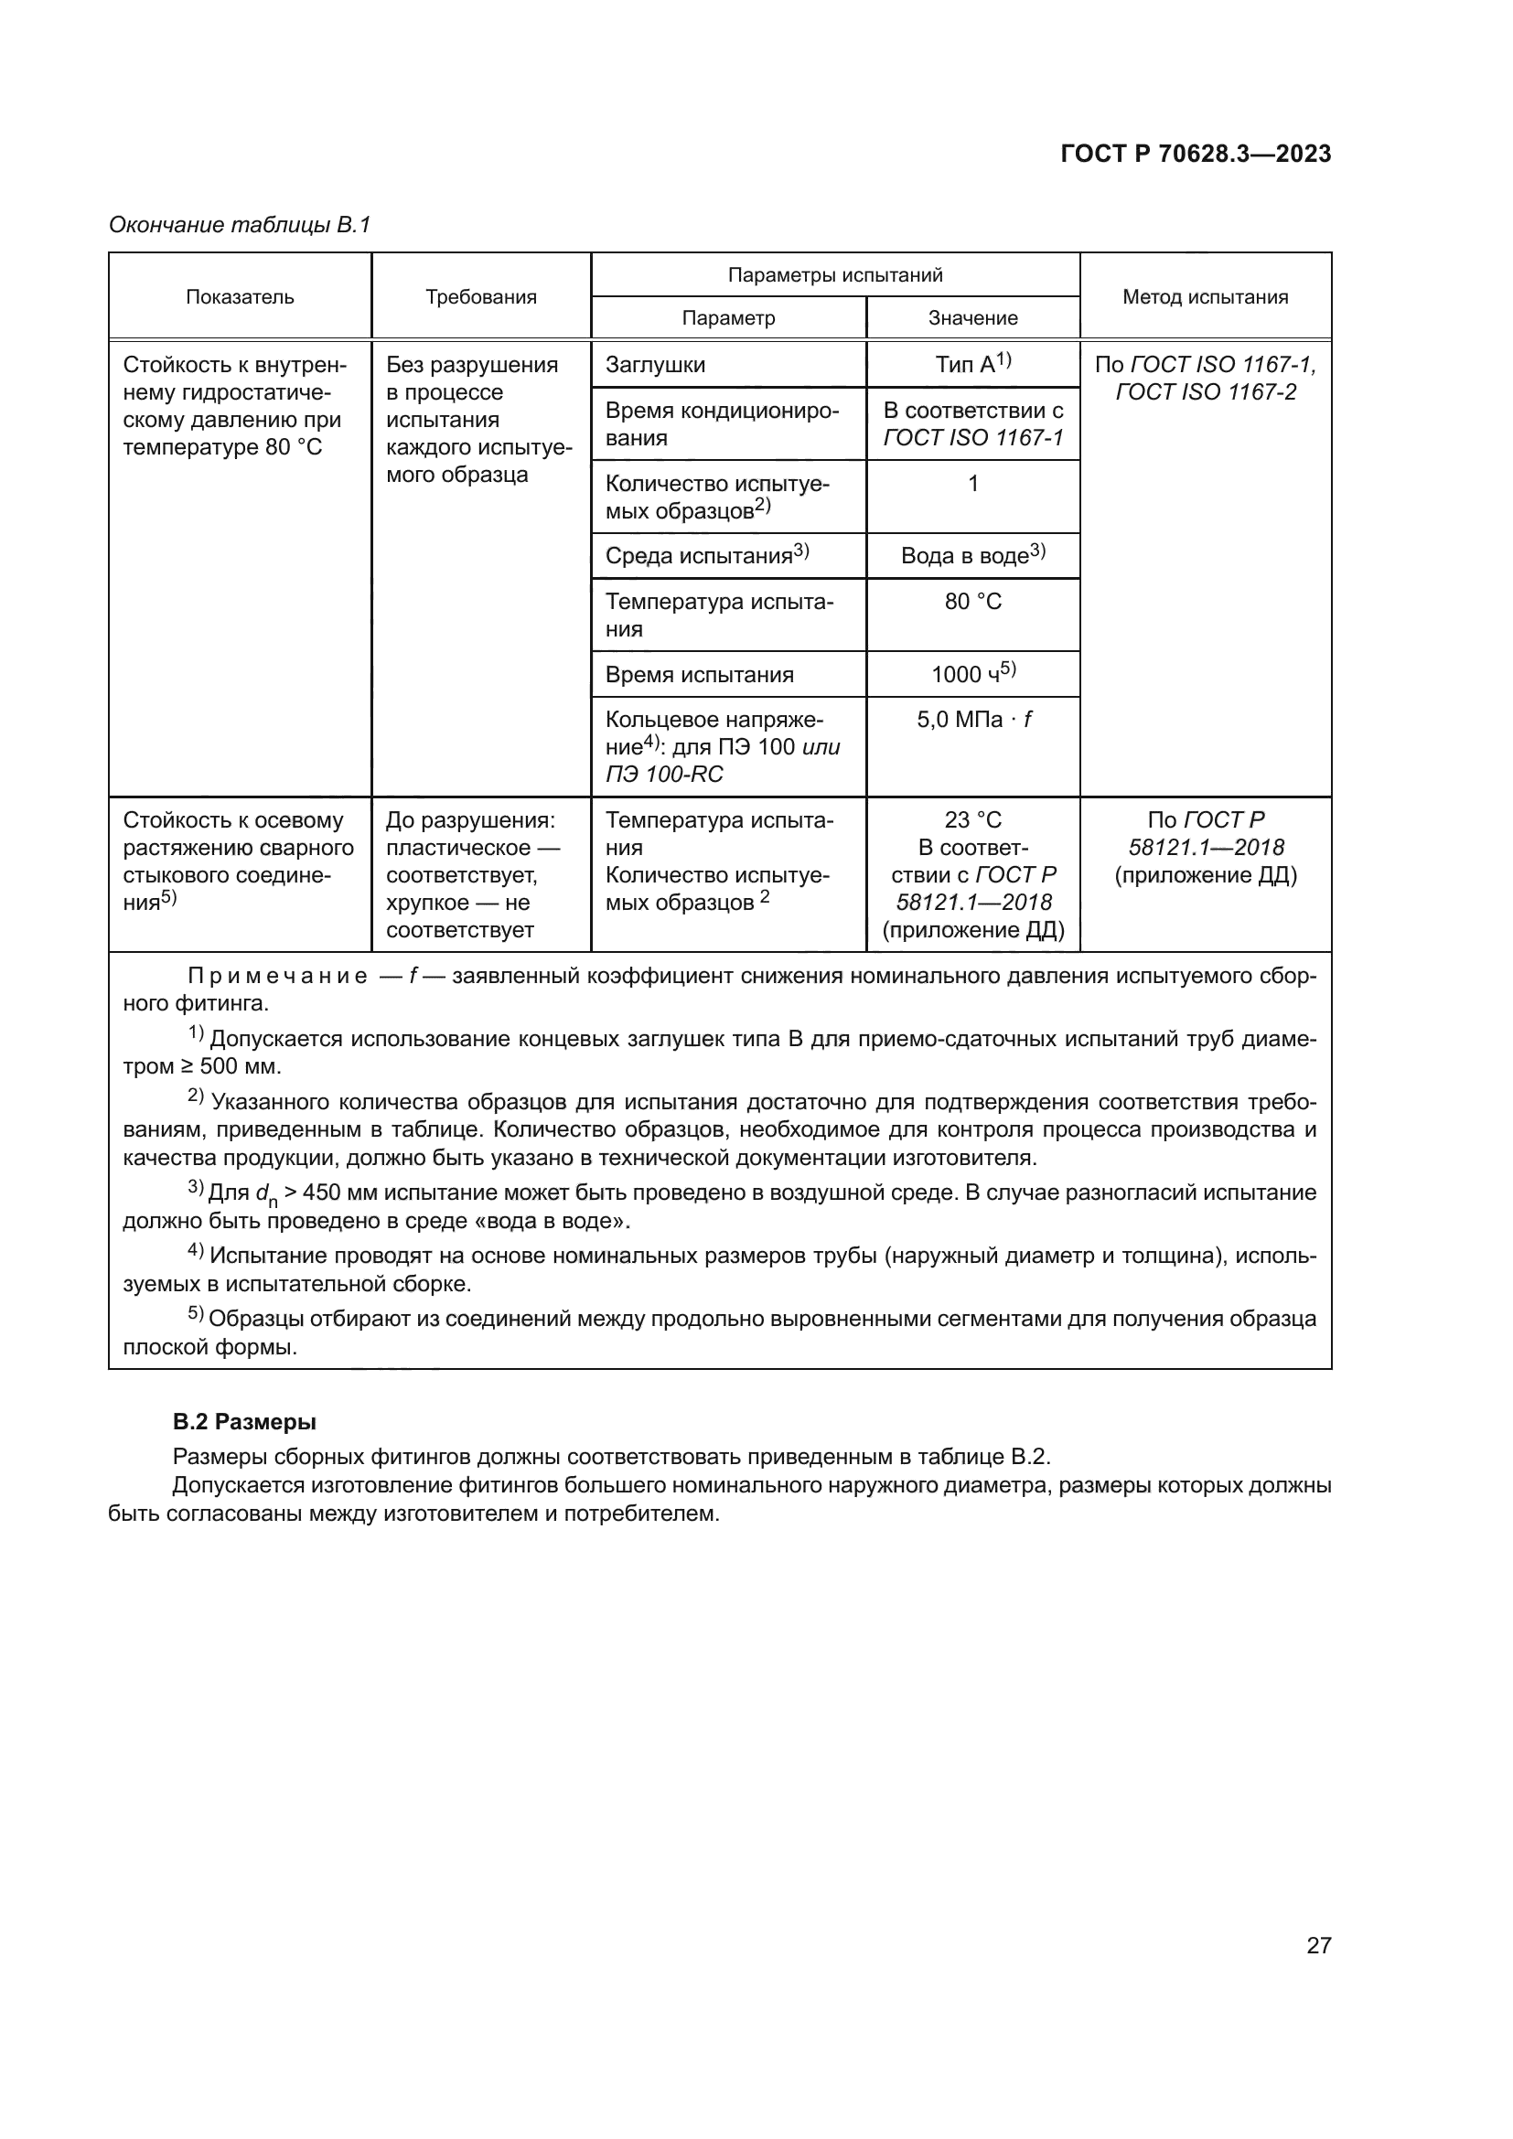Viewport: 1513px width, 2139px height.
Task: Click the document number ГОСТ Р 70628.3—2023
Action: click(1196, 154)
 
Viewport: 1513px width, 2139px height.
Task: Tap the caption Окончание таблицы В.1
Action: click(240, 225)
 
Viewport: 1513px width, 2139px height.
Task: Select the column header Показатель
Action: click(240, 297)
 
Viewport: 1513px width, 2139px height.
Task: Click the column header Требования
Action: click(481, 297)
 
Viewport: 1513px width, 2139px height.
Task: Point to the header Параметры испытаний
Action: click(835, 275)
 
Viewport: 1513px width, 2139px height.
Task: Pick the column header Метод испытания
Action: click(1205, 297)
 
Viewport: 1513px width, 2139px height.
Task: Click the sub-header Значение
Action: click(972, 317)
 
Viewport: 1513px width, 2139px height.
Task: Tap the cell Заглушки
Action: click(655, 365)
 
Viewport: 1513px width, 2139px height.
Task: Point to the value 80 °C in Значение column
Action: click(972, 602)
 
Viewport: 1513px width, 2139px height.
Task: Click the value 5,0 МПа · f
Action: click(972, 719)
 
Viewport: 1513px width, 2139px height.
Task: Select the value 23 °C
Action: click(972, 819)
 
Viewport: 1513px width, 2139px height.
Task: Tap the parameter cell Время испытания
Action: click(699, 675)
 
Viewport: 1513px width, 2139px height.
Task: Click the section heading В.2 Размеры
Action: click(244, 1422)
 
